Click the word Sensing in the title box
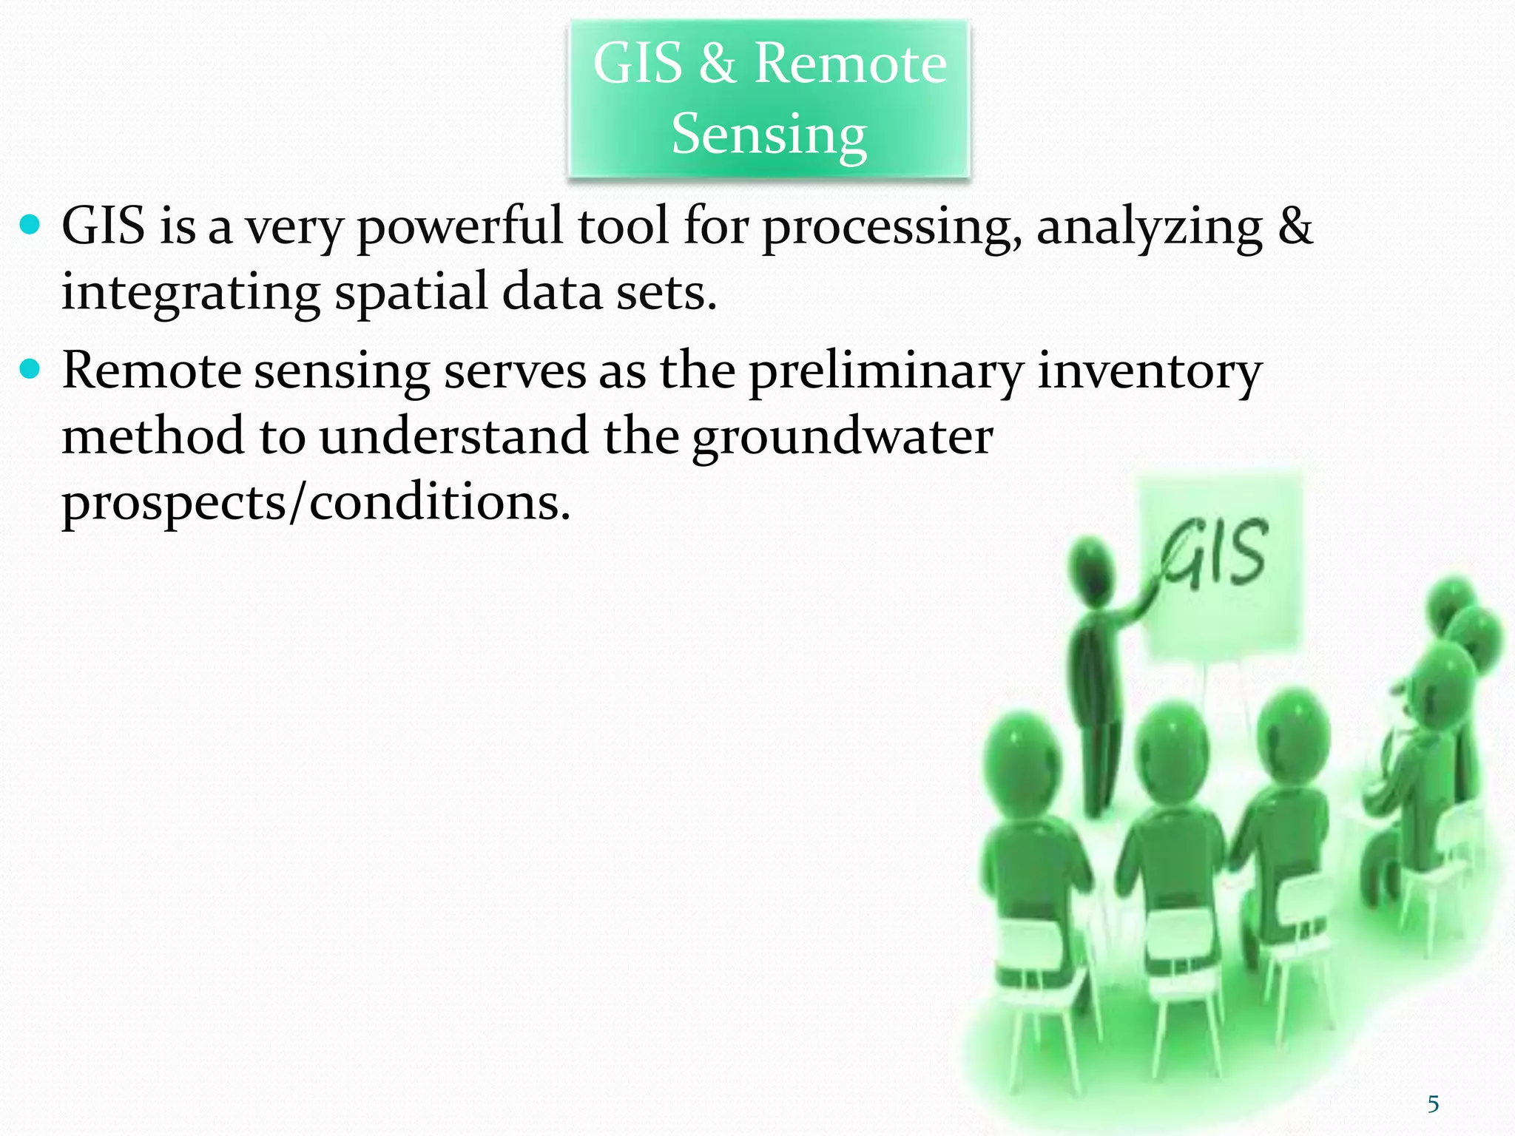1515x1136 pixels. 769,135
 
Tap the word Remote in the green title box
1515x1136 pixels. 850,64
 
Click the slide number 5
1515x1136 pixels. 1433,1104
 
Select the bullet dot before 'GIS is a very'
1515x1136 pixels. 30,225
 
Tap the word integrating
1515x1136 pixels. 190,293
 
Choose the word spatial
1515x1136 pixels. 411,293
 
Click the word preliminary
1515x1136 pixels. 885,371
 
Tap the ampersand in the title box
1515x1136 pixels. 718,64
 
